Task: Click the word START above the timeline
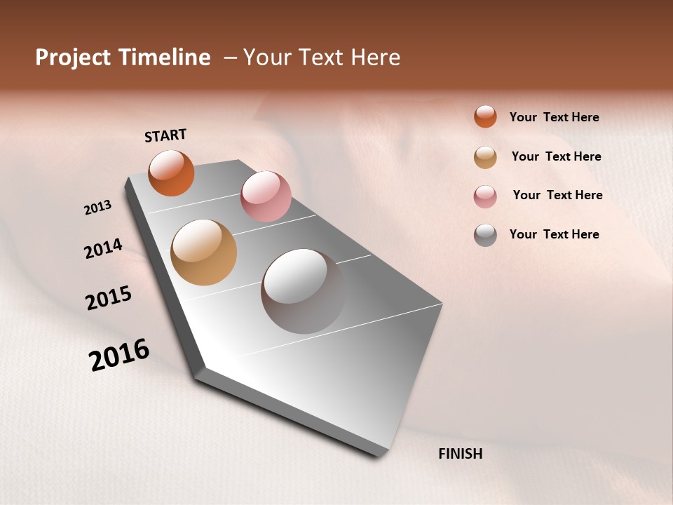(165, 135)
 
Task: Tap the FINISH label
(461, 454)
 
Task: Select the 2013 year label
(97, 208)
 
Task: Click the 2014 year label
(103, 248)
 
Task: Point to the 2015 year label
(109, 298)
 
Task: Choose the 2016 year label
(119, 355)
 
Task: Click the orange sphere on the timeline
(171, 173)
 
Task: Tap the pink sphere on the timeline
(266, 196)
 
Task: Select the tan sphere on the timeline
(203, 252)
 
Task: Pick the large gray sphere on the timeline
(303, 291)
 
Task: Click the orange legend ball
(485, 116)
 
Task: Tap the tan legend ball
(485, 157)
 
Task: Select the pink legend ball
(485, 196)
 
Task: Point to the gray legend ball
(485, 235)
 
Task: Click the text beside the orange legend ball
(554, 118)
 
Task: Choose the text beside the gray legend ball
(554, 234)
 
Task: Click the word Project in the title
(73, 58)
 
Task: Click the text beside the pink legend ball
(557, 195)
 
